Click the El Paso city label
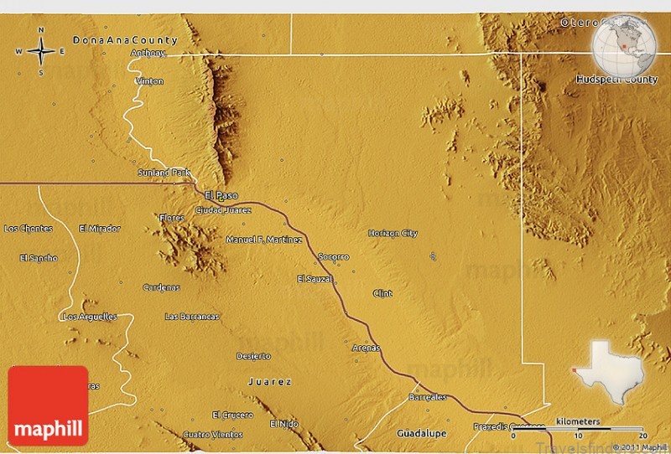[221, 195]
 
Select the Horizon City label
[393, 233]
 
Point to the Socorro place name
[333, 256]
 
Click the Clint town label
[382, 293]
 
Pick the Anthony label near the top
[148, 53]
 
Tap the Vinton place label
[150, 81]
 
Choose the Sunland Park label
[164, 173]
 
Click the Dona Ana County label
[125, 39]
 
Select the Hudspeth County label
[616, 80]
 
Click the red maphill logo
[48, 406]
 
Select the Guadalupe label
[424, 435]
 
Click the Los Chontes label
[29, 229]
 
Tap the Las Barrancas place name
[192, 317]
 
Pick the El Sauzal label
[315, 278]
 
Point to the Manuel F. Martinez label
[264, 240]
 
